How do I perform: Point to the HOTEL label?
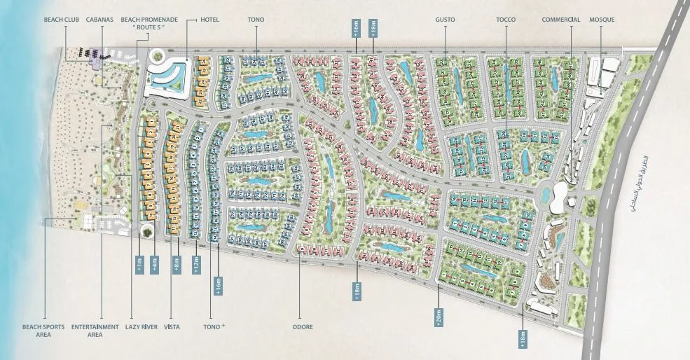209,20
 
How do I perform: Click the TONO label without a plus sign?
256,20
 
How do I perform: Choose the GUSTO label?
445,20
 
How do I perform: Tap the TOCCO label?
505,20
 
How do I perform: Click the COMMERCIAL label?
561,20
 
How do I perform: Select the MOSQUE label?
602,20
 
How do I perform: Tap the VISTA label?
172,326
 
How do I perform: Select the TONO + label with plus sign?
214,326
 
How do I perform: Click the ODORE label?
303,326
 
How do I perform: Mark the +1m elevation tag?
139,265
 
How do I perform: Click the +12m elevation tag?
196,265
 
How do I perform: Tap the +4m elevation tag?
154,265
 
